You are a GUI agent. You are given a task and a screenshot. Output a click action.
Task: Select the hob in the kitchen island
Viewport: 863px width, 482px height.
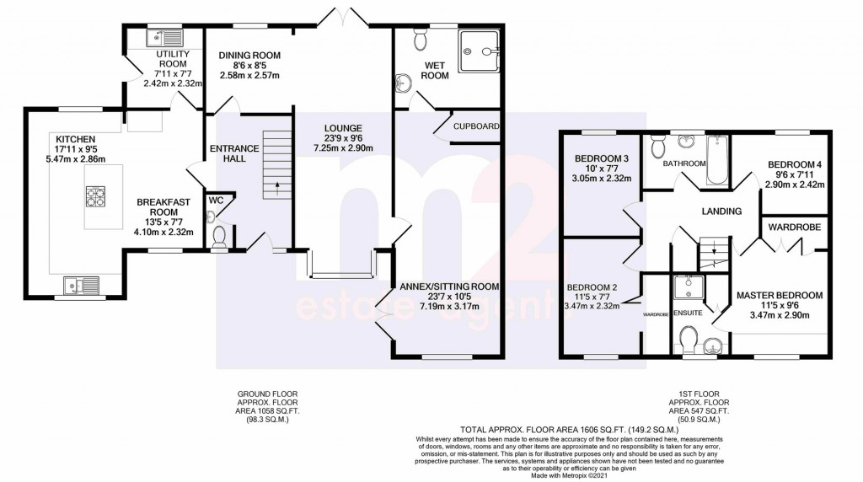click(x=94, y=196)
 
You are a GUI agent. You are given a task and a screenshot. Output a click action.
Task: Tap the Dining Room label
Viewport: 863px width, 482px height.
click(x=249, y=56)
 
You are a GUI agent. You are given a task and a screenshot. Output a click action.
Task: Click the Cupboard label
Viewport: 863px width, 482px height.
click(x=477, y=126)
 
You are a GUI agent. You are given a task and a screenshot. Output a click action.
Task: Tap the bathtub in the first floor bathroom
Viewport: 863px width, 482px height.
click(x=713, y=158)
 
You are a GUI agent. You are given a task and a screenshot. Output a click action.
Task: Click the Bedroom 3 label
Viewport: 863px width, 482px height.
click(x=602, y=158)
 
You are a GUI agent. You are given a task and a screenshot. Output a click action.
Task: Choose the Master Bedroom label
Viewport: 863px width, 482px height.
click(x=779, y=295)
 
